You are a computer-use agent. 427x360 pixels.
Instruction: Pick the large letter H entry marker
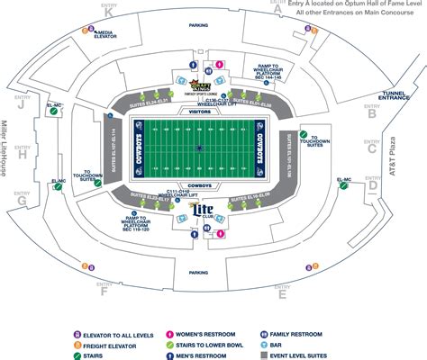[x=23, y=153]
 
